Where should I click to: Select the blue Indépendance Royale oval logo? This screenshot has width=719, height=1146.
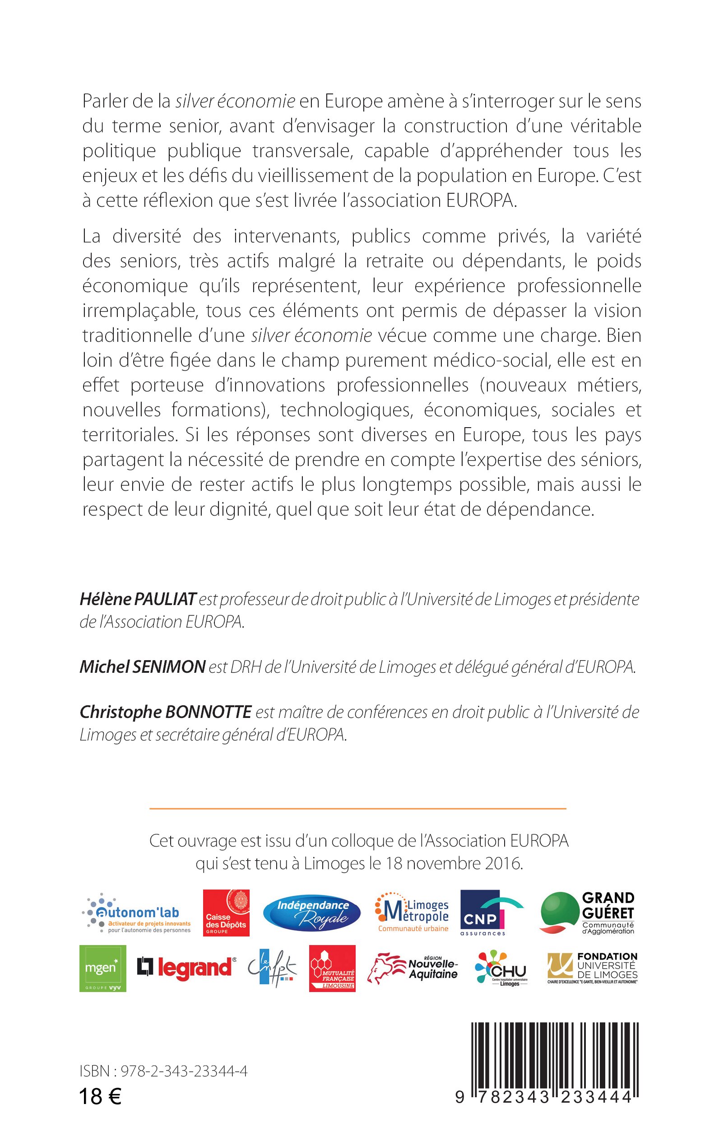pyautogui.click(x=312, y=913)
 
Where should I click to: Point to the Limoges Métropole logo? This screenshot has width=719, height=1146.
pyautogui.click(x=412, y=913)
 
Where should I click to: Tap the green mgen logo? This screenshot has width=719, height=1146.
pyautogui.click(x=103, y=968)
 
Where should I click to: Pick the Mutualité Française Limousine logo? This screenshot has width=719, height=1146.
pyautogui.click(x=332, y=968)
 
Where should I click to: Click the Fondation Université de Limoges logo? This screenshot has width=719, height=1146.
pyautogui.click(x=593, y=968)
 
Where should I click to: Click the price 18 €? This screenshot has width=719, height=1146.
pyautogui.click(x=100, y=1096)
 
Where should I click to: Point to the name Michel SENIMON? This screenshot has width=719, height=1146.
pyautogui.click(x=142, y=667)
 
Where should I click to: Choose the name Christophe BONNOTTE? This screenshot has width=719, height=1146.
pyautogui.click(x=166, y=712)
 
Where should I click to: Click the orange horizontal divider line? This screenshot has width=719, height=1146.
pyautogui.click(x=357, y=808)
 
